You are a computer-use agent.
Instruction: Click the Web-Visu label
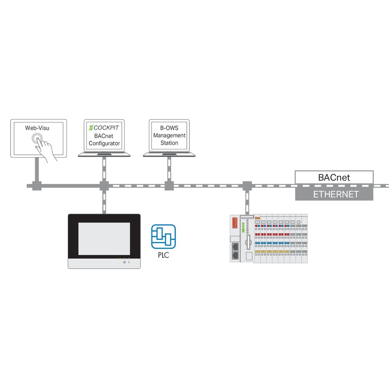[x=38, y=128]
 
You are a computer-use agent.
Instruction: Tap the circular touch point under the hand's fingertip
[x=37, y=139]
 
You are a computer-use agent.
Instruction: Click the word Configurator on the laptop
[x=104, y=143]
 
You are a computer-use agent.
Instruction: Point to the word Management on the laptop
[x=169, y=135]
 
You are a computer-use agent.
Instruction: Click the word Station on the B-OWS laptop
[x=169, y=143]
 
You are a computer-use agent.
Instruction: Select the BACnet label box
[x=334, y=178]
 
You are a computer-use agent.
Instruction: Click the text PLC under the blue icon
[x=163, y=256]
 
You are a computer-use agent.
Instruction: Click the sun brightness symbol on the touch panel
[x=124, y=262]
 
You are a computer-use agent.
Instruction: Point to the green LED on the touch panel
[x=120, y=258]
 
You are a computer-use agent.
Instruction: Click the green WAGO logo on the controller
[x=243, y=228]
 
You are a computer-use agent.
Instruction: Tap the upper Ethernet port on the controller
[x=235, y=246]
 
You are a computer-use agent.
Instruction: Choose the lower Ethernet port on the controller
[x=235, y=255]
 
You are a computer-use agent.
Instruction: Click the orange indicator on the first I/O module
[x=257, y=218]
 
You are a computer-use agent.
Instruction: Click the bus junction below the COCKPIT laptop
[x=104, y=186]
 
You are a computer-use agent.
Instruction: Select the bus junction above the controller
[x=247, y=186]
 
